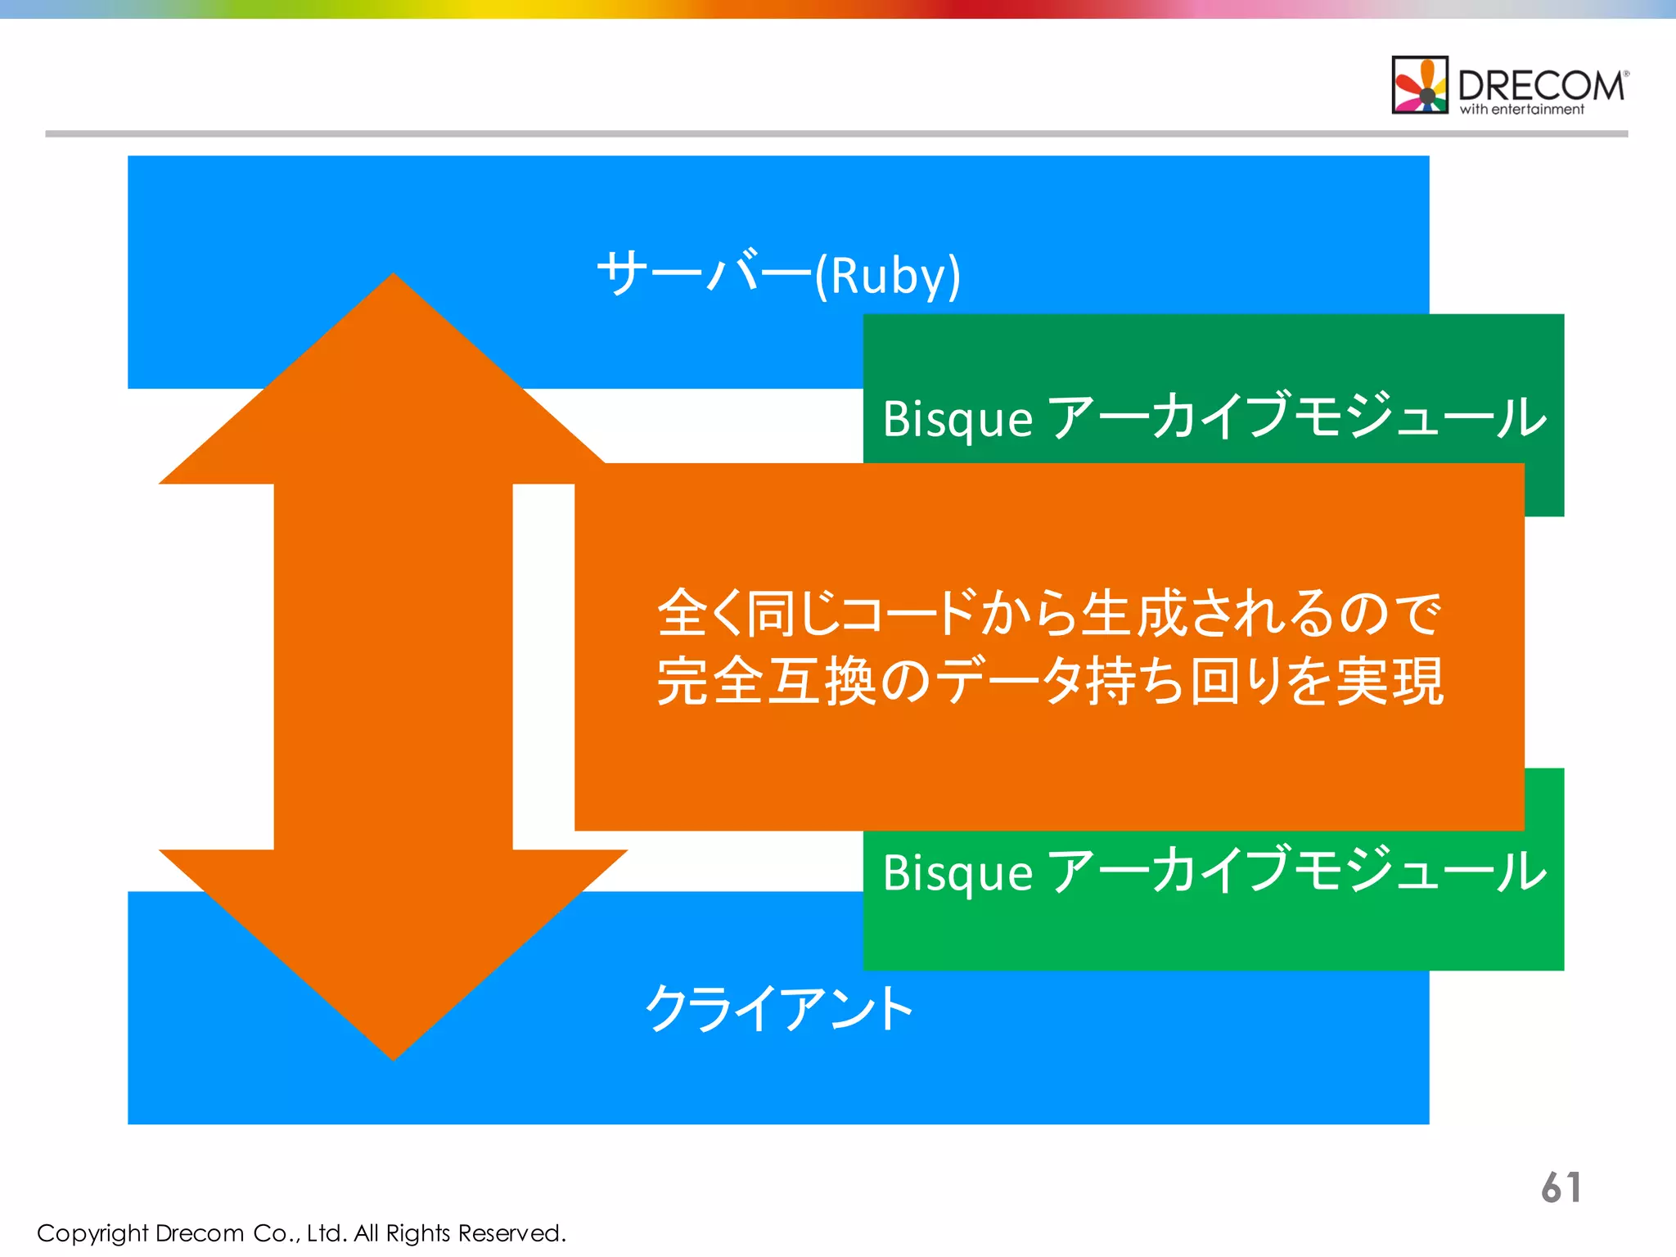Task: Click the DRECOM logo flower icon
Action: click(1420, 85)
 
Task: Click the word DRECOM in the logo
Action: click(1541, 85)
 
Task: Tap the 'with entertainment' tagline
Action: click(1522, 110)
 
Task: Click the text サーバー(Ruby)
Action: click(778, 274)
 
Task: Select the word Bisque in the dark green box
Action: click(957, 419)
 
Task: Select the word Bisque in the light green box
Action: click(957, 872)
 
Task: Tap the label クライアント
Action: click(778, 1008)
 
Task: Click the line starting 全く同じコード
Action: click(1049, 613)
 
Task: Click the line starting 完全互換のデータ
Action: click(1049, 681)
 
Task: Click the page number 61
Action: click(1561, 1187)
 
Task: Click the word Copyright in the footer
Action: click(92, 1233)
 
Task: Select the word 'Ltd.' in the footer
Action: click(327, 1233)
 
